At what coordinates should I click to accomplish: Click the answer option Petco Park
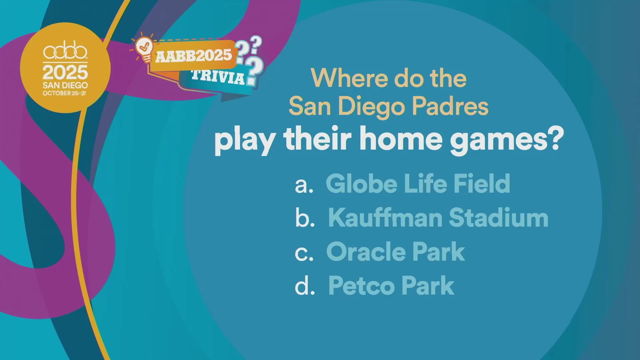(x=391, y=286)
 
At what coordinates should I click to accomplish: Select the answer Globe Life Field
(x=418, y=183)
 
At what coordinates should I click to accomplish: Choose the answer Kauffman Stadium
(x=438, y=218)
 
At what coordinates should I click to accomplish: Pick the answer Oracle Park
(x=395, y=252)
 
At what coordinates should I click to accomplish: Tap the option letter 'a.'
(x=304, y=185)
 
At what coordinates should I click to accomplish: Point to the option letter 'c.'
(x=304, y=254)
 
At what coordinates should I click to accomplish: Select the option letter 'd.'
(x=305, y=286)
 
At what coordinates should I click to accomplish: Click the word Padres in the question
(x=450, y=106)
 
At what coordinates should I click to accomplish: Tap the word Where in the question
(x=350, y=78)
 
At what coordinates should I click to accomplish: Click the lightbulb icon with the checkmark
(x=144, y=49)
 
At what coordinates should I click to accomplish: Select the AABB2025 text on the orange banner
(x=194, y=56)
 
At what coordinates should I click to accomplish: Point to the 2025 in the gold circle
(x=65, y=72)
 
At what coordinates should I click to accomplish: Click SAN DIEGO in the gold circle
(x=65, y=85)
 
